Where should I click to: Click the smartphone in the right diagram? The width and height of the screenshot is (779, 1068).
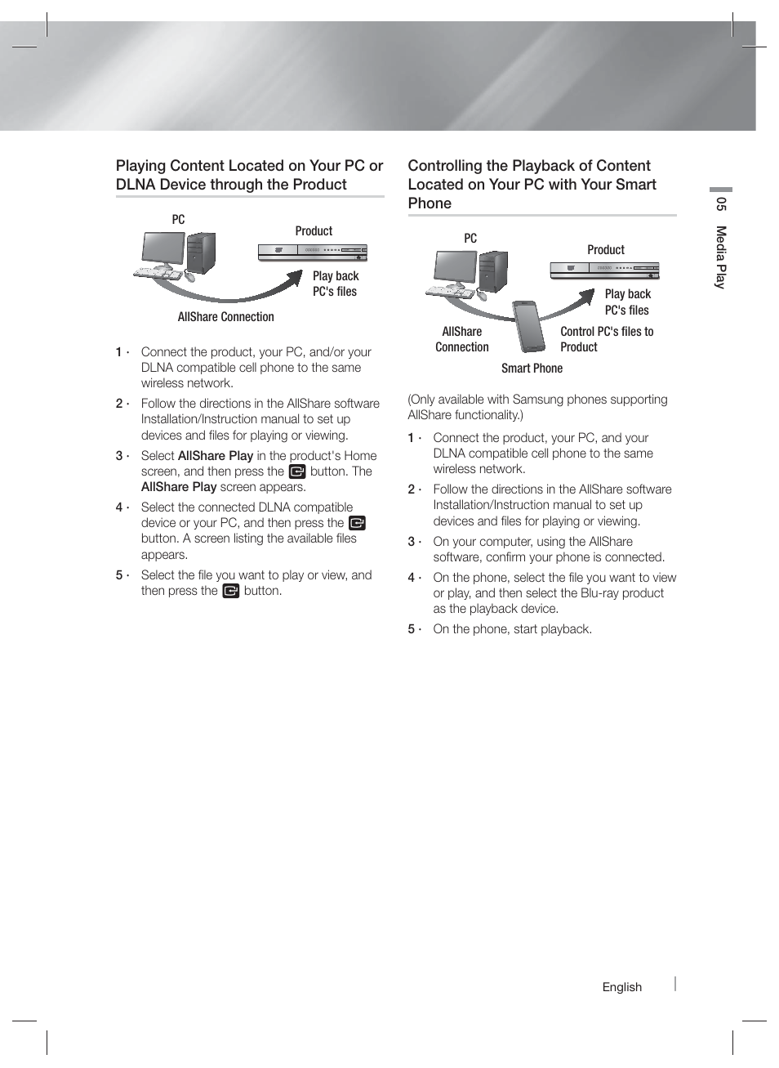[529, 326]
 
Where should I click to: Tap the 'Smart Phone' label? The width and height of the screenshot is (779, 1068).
[532, 369]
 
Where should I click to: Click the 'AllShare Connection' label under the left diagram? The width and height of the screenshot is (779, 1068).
[225, 317]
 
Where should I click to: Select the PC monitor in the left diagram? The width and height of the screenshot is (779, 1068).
[163, 248]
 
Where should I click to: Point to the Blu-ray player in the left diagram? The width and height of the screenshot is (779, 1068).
[312, 252]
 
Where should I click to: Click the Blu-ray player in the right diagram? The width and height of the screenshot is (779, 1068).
[604, 269]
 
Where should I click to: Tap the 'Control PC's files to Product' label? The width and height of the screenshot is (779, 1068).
[606, 339]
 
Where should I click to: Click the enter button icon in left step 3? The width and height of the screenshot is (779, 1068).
[297, 471]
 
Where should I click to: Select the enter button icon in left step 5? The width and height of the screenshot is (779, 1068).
[231, 591]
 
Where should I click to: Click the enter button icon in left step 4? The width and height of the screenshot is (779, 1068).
[357, 523]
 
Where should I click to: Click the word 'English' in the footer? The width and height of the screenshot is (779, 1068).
[621, 987]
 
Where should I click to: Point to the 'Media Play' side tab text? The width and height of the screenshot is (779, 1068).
[720, 257]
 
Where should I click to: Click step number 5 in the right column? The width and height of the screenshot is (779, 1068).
[412, 629]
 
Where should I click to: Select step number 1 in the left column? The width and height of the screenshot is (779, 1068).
[119, 352]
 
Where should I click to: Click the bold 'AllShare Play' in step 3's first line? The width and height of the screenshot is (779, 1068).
[215, 456]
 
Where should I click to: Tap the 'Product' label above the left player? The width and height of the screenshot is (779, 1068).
[314, 231]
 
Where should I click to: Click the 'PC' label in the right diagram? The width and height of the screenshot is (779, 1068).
[470, 239]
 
